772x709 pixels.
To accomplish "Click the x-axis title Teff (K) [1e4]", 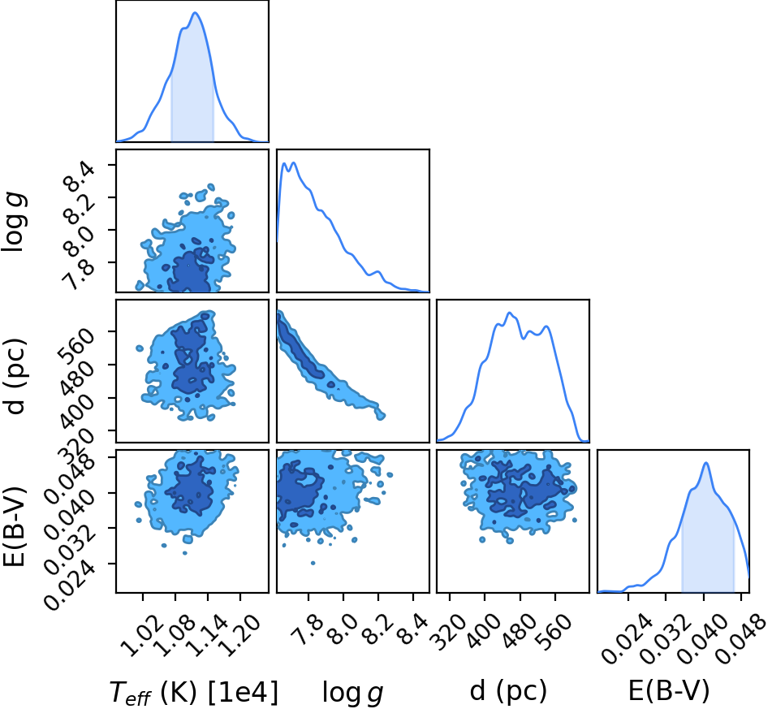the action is coord(193,692).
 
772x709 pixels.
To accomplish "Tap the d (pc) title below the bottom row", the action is coord(508,691).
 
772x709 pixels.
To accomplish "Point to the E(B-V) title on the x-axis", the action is coord(669,691).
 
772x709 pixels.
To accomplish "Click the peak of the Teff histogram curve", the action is coord(195,12).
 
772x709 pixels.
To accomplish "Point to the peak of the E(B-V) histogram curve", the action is coord(706,463).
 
